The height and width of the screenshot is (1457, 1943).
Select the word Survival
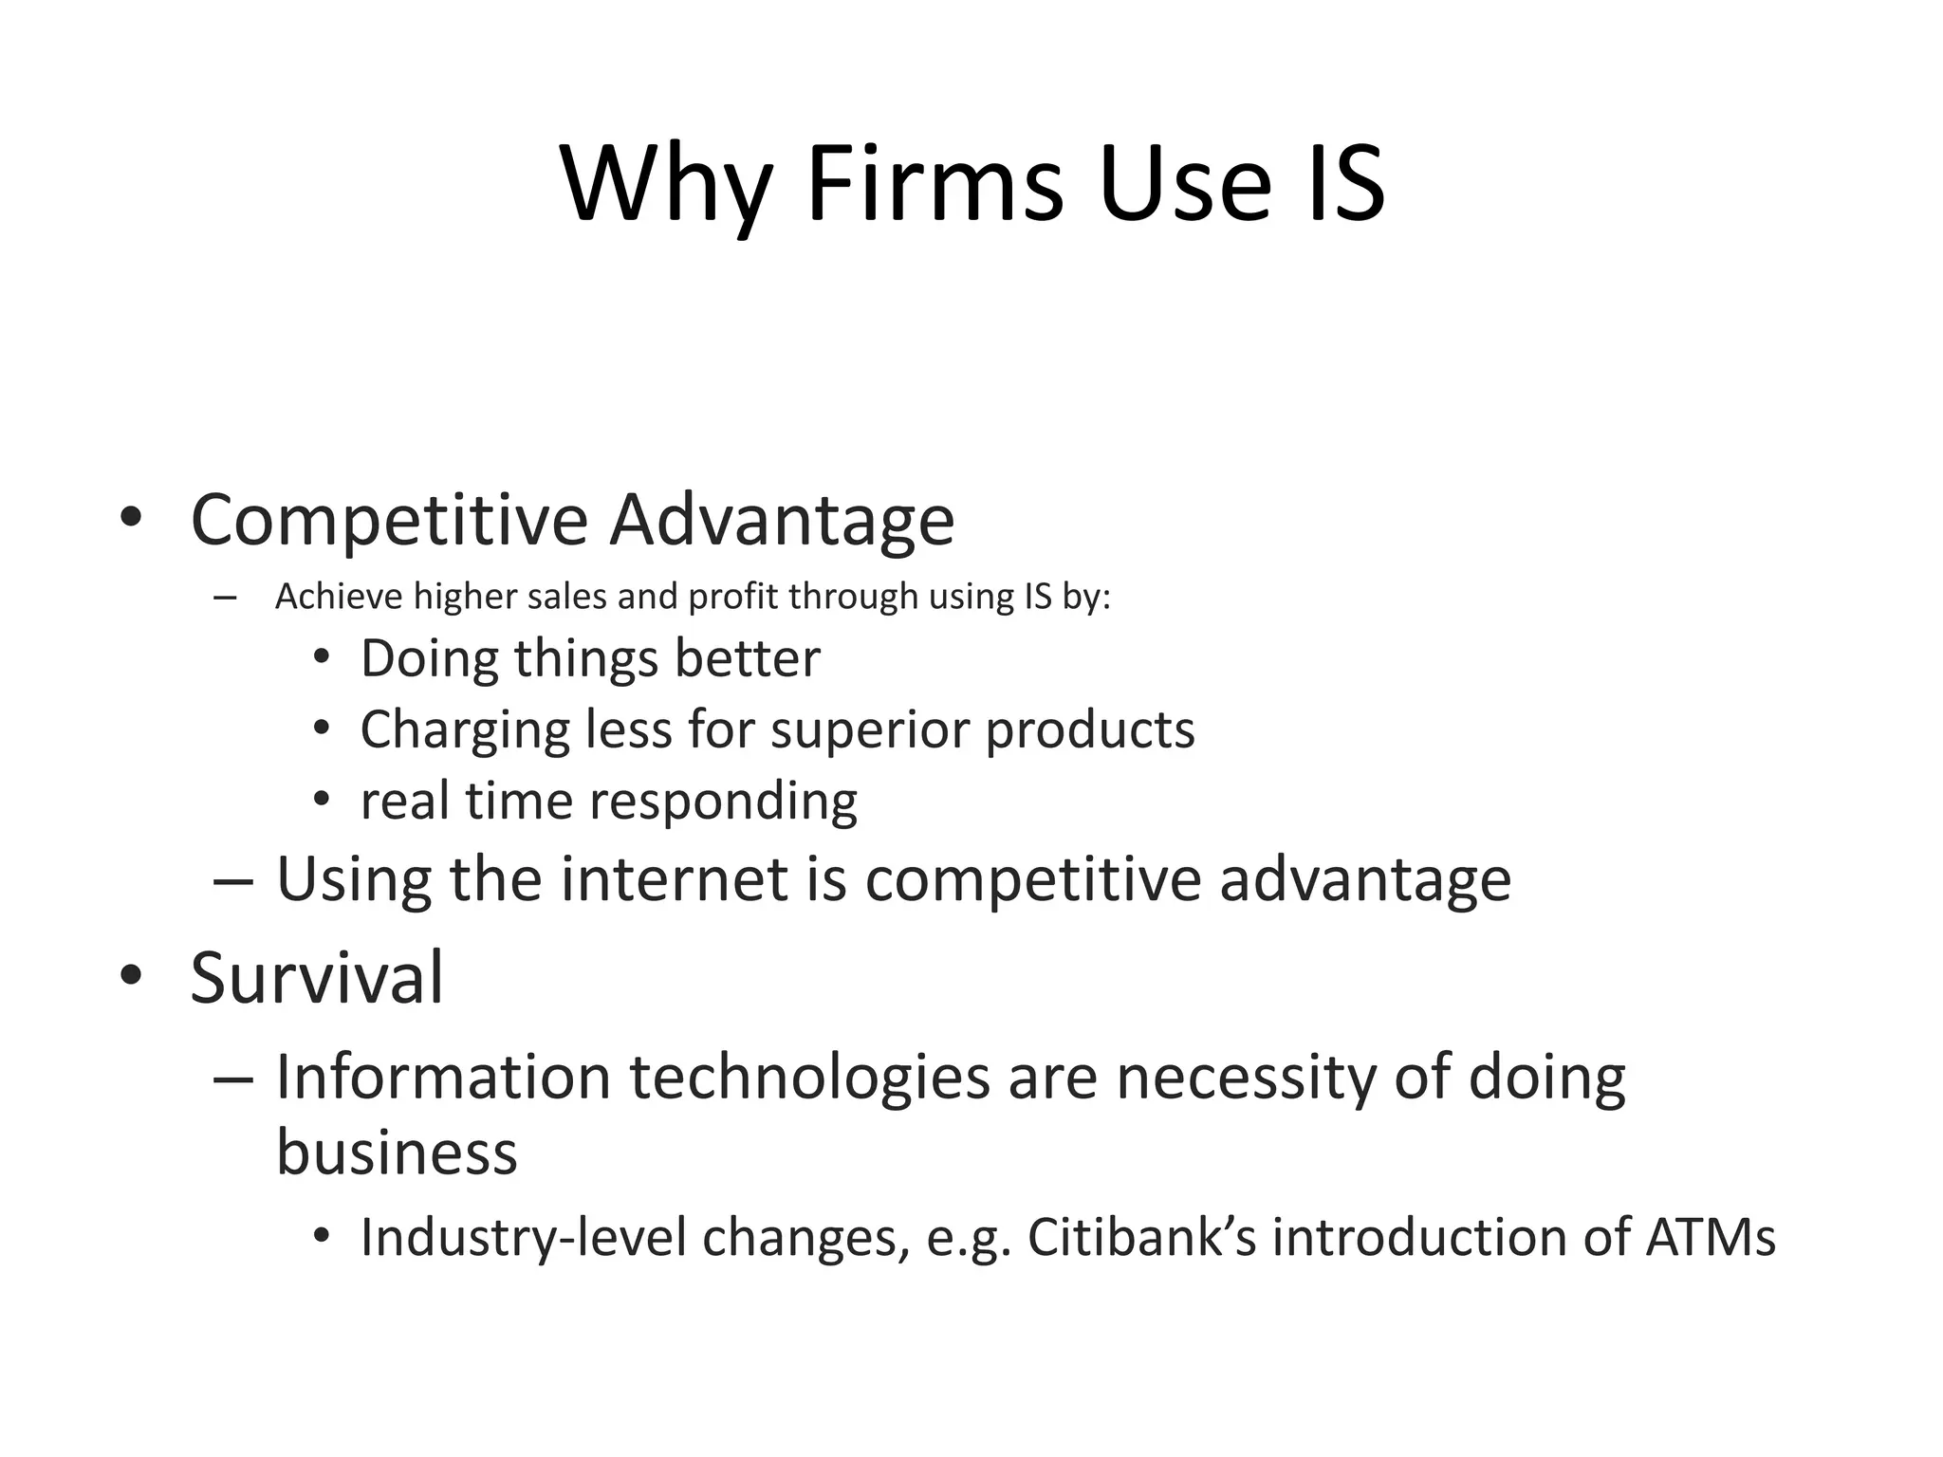click(316, 978)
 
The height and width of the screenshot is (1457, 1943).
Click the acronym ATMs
click(1710, 1237)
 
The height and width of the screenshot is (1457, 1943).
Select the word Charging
click(464, 730)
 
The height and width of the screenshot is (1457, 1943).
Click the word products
click(1090, 730)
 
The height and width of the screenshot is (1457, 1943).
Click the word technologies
click(809, 1079)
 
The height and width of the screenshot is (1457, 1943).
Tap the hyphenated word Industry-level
click(523, 1237)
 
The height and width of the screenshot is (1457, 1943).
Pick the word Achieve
click(339, 597)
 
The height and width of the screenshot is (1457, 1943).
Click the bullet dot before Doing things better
click(322, 656)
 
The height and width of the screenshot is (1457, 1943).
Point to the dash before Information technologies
click(233, 1079)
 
